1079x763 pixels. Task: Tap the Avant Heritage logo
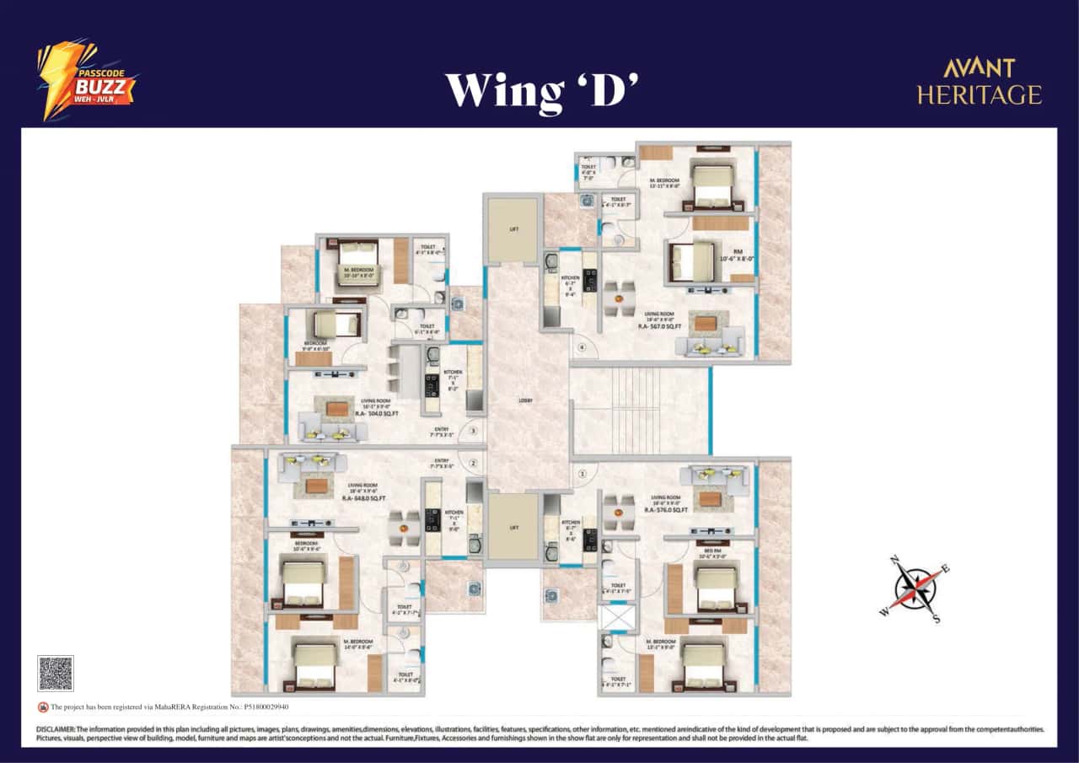pos(979,82)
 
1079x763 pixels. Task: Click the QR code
pos(56,674)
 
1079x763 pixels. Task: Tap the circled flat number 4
pos(581,347)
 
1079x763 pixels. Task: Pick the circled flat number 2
pos(474,463)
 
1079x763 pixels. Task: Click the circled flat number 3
pos(474,431)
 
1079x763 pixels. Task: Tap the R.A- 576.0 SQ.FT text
pos(666,510)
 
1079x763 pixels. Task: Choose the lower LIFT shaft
pos(513,527)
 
